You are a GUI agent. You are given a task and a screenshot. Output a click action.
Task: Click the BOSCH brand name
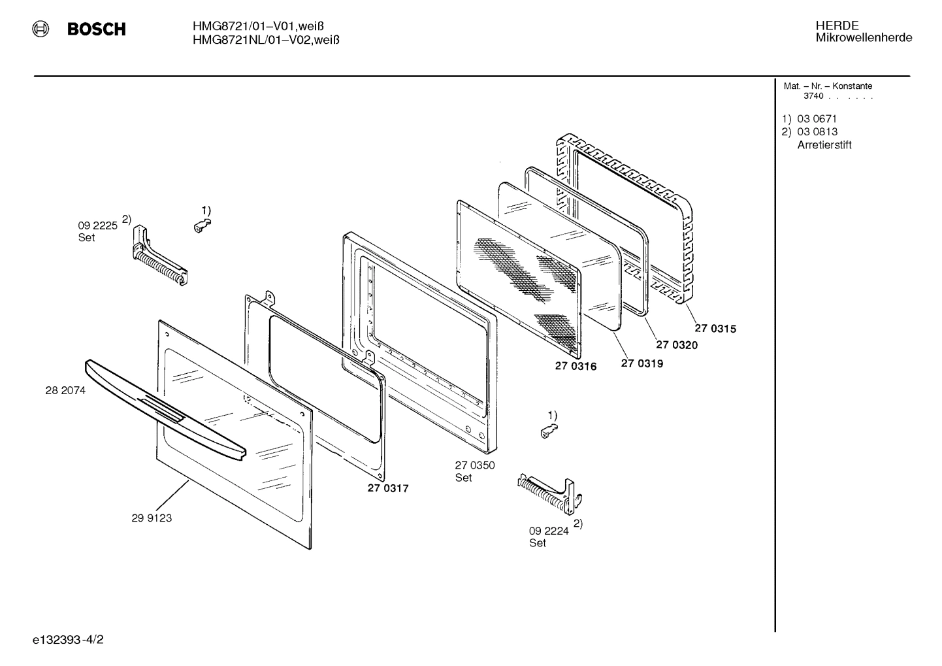pos(96,29)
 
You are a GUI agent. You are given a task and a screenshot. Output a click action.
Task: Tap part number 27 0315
pos(715,329)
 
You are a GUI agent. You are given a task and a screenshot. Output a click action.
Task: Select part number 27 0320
pos(677,345)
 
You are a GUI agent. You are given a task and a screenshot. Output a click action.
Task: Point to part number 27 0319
pos(642,363)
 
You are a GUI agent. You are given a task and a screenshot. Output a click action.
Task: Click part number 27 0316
pos(576,367)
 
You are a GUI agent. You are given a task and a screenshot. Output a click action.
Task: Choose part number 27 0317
pos(387,488)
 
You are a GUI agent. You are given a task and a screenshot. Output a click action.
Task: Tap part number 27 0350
pos(474,465)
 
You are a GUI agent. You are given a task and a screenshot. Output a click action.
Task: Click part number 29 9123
pos(151,518)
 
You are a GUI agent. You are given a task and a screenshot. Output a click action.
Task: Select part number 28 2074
pos(65,391)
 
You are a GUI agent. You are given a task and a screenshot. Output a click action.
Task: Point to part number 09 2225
pos(97,225)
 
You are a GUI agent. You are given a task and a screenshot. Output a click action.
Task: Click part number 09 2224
pos(549,531)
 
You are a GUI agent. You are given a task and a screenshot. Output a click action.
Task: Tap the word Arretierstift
pos(824,145)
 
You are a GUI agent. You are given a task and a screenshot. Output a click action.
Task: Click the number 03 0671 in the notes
pos(817,119)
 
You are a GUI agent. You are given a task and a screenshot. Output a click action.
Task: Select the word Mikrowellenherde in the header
pos(864,38)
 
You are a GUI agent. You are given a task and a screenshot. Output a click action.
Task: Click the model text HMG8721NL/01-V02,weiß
pos(265,40)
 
